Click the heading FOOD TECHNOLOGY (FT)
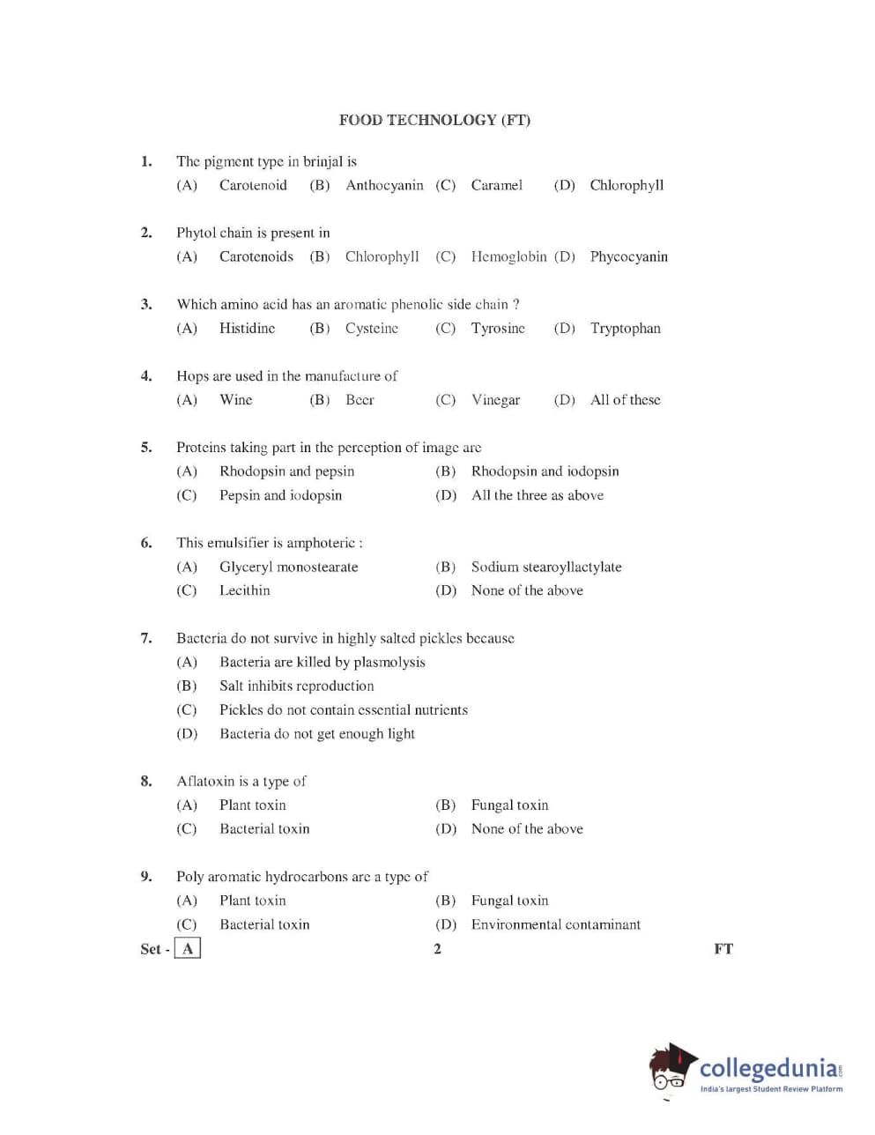(434, 120)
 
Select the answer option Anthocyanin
(384, 185)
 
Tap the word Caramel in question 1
(496, 185)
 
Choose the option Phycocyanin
(628, 256)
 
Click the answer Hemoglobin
(508, 256)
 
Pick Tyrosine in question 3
(498, 328)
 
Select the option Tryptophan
(625, 328)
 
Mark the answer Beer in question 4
(360, 399)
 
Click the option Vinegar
(495, 399)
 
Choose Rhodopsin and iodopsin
(545, 471)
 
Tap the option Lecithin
(245, 590)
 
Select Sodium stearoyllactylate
(546, 567)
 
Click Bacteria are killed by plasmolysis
(322, 662)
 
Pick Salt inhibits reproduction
(296, 686)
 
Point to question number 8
(146, 781)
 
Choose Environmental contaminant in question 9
(555, 924)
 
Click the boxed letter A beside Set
(188, 949)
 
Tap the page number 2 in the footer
(437, 949)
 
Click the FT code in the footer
(723, 949)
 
